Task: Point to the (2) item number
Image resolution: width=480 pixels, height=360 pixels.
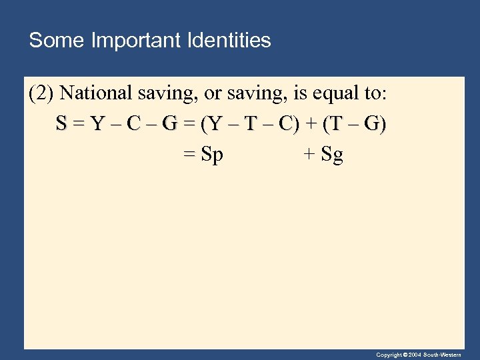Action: [41, 93]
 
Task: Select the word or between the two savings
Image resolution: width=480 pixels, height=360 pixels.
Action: [216, 93]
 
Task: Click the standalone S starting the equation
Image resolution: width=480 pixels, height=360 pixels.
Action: [61, 125]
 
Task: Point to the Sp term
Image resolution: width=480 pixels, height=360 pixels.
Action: [212, 155]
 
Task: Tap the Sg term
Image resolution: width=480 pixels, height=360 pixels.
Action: [332, 155]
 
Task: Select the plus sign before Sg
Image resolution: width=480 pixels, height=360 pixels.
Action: [309, 155]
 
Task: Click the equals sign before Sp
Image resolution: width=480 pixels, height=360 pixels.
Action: [189, 155]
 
